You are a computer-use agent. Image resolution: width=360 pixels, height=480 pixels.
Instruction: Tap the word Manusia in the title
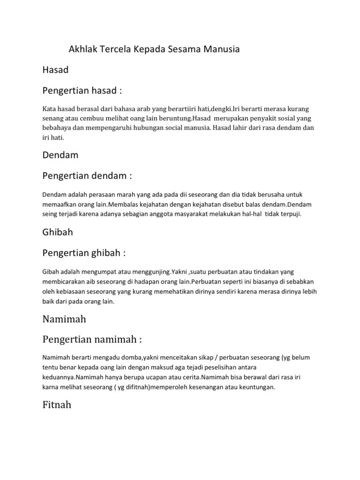pyautogui.click(x=221, y=49)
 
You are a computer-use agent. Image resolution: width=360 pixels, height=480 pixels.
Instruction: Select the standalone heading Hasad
pyautogui.click(x=55, y=70)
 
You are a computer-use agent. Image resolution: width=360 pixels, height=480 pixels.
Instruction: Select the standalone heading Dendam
pyautogui.click(x=60, y=154)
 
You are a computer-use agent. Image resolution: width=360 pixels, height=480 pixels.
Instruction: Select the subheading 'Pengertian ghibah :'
pyautogui.click(x=84, y=253)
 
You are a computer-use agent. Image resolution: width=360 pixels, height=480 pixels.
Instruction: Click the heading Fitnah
pyautogui.click(x=57, y=405)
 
